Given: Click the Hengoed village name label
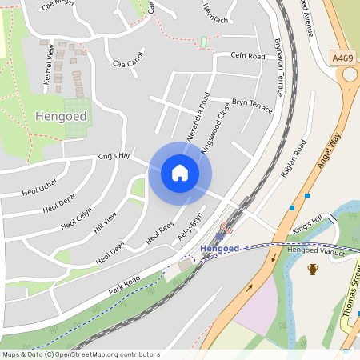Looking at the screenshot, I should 61,116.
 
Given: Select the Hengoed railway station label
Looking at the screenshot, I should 219,249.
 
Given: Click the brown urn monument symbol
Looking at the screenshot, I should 312,269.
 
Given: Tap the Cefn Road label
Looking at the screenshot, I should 247,56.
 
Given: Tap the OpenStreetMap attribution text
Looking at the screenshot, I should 81,354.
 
